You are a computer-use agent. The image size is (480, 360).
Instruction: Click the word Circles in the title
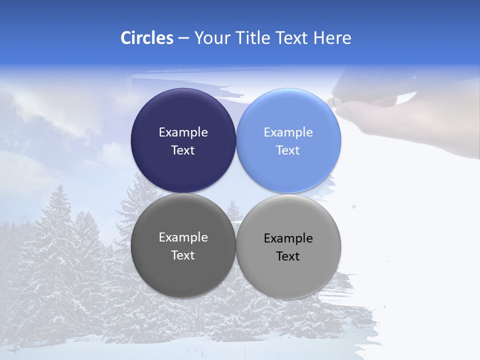[146, 38]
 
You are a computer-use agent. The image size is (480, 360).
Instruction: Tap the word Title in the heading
[254, 38]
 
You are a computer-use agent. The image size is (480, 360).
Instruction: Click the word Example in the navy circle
[183, 132]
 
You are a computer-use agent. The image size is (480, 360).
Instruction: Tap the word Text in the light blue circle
[288, 150]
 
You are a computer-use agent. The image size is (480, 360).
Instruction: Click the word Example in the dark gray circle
[183, 237]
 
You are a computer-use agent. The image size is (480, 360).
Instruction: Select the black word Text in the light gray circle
[288, 256]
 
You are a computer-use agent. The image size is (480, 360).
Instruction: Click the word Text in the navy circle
[183, 150]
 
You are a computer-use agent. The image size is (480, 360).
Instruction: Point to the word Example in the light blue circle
[288, 132]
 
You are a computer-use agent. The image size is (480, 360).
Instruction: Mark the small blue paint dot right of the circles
[354, 206]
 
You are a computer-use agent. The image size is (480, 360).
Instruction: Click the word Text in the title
[291, 38]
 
